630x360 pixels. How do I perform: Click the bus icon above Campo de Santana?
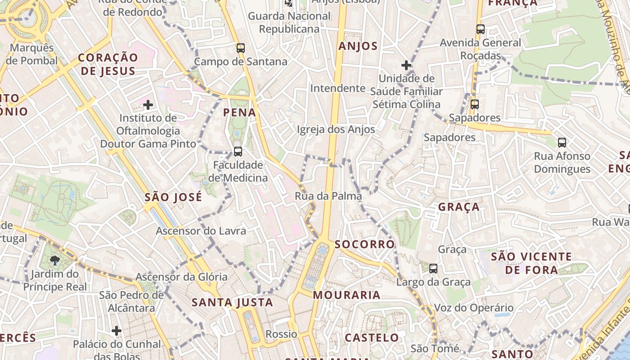click(241, 48)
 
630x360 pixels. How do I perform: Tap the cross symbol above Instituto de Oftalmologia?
click(148, 105)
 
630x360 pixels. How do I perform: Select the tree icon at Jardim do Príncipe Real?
click(55, 260)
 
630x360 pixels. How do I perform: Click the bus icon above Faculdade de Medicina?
click(238, 152)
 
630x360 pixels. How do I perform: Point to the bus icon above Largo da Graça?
click(433, 269)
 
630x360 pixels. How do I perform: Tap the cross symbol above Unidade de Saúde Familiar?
click(406, 65)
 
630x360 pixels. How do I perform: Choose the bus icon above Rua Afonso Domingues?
click(562, 143)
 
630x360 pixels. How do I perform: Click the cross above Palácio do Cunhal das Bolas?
click(117, 331)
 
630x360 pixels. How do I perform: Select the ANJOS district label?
click(358, 46)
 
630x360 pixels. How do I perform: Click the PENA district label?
click(239, 112)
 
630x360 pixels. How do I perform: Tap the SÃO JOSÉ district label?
click(173, 197)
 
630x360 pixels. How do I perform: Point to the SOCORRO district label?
click(364, 244)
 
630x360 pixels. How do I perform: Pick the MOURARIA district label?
click(346, 295)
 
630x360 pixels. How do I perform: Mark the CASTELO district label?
click(372, 337)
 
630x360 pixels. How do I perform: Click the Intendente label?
click(337, 88)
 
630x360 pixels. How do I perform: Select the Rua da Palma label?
click(328, 196)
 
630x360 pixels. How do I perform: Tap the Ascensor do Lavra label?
click(201, 231)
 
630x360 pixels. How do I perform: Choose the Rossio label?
click(281, 334)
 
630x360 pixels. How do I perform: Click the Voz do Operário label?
click(473, 308)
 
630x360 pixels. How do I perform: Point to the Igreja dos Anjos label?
click(336, 130)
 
